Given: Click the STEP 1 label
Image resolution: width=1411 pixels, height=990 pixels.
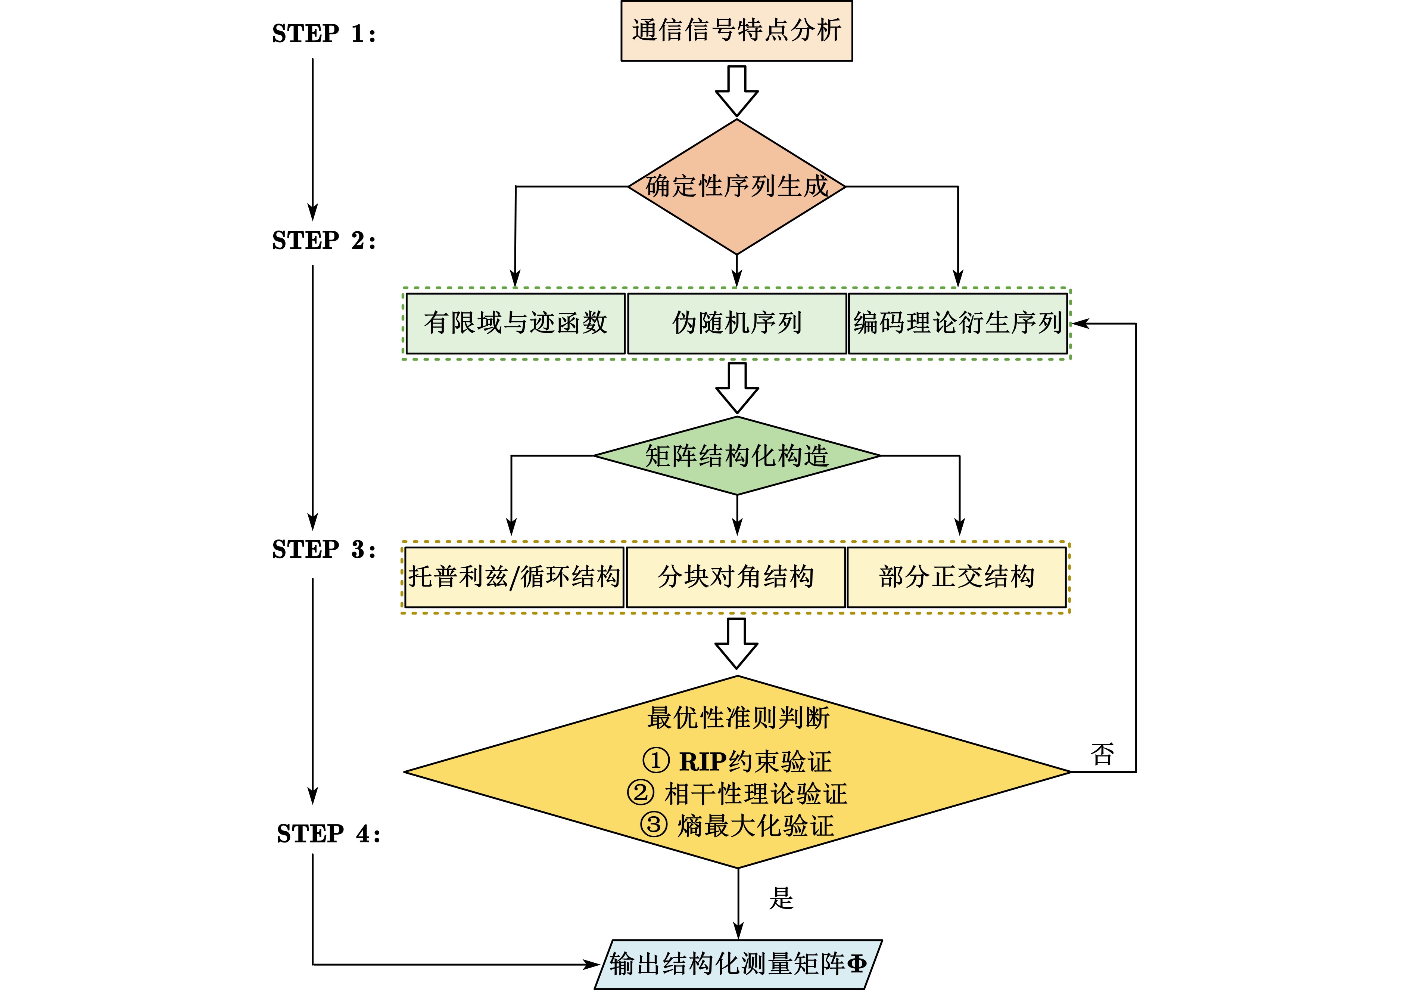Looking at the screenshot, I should click(x=323, y=33).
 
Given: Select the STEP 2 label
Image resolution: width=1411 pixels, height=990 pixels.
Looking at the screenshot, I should click(x=323, y=241).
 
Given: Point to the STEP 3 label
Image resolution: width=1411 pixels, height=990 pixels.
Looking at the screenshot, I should click(x=323, y=549).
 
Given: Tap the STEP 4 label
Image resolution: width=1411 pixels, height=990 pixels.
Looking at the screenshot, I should click(x=328, y=834).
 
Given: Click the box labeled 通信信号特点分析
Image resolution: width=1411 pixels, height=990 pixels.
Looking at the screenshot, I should click(x=736, y=31).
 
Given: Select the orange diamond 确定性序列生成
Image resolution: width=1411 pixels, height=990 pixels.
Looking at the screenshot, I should click(x=736, y=186).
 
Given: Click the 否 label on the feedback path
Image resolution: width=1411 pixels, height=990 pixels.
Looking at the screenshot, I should click(x=1102, y=754).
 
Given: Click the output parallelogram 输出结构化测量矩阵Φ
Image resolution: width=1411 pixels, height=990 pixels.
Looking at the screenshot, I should click(x=738, y=963).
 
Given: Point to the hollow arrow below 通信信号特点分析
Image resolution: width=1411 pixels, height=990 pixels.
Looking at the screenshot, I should click(x=736, y=91).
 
